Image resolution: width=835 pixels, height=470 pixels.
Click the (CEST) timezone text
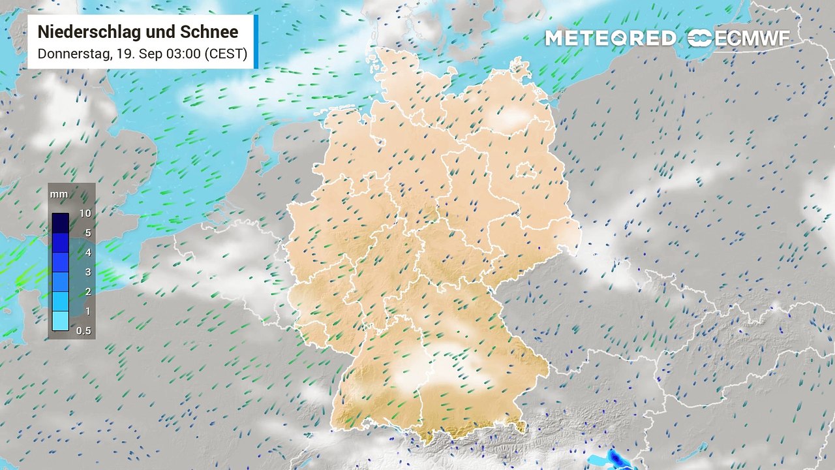tap(225, 54)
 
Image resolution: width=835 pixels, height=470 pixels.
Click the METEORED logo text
tap(611, 39)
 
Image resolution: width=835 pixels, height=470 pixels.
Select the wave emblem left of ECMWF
tap(699, 39)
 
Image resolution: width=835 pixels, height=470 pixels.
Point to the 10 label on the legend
tap(84, 213)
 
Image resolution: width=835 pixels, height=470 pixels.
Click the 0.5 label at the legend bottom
tap(83, 331)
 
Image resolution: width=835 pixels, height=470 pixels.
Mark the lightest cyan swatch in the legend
tap(61, 321)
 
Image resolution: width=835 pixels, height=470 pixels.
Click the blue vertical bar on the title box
tap(256, 42)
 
